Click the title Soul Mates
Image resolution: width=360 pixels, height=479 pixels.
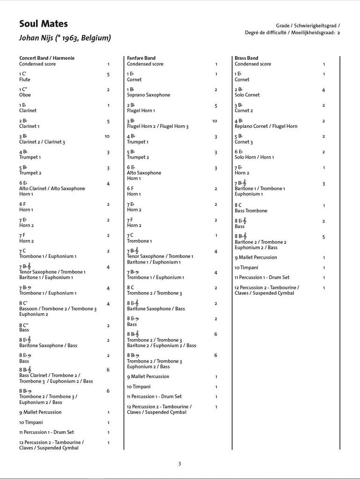point(43,24)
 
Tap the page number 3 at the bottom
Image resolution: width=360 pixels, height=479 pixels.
point(179,464)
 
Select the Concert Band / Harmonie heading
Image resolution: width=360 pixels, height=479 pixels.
point(47,58)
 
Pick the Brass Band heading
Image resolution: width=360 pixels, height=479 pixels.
point(246,58)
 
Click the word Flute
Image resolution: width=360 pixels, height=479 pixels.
point(25,80)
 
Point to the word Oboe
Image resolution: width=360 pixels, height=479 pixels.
point(24,95)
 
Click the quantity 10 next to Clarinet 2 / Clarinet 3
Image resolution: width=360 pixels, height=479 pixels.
point(107,137)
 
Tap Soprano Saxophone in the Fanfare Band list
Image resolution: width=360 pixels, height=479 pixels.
point(148,95)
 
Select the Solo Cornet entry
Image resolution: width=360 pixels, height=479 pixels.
point(247,95)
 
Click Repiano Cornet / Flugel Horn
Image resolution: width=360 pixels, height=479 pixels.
point(266,126)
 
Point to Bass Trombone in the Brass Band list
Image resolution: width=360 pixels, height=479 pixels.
point(251,210)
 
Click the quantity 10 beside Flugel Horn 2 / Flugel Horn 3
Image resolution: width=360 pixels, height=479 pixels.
point(214,121)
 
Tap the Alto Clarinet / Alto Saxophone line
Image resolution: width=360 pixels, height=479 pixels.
point(52,189)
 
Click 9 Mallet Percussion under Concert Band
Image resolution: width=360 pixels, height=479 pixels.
point(40,412)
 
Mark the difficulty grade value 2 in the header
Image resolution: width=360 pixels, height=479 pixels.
point(338,33)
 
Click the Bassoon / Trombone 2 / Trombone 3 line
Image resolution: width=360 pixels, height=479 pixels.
point(58,309)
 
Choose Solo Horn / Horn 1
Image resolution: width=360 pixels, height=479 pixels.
point(254,157)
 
